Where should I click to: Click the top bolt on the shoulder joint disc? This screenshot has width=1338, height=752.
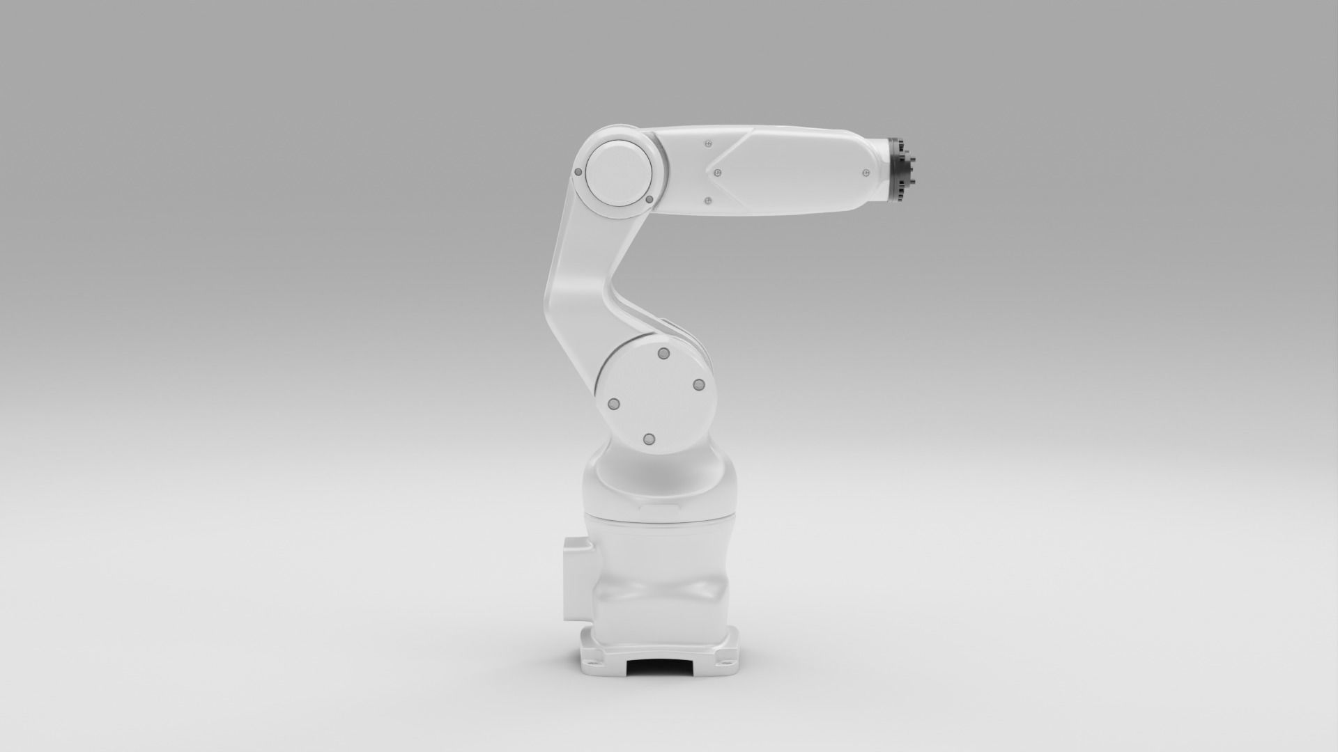click(663, 354)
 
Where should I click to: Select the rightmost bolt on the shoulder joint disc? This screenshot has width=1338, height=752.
click(698, 385)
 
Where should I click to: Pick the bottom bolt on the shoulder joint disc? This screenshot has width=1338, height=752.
click(649, 439)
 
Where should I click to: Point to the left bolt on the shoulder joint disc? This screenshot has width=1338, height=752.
click(614, 405)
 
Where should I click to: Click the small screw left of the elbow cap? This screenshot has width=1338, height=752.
click(578, 172)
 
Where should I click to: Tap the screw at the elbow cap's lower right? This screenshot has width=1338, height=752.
click(649, 200)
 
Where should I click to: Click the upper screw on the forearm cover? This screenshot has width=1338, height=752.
click(708, 144)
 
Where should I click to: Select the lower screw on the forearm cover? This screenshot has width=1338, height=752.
click(708, 201)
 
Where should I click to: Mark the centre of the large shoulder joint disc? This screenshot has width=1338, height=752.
click(655, 397)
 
